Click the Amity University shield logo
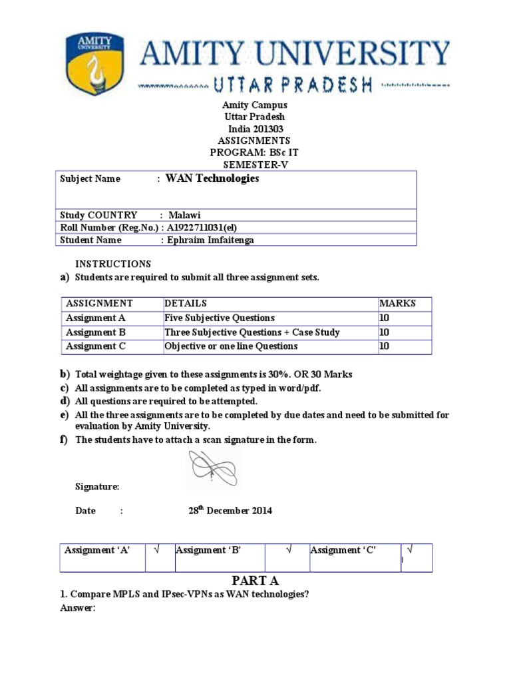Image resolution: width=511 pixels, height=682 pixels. pos(94,64)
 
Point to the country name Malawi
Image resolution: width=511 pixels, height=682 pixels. pos(184,215)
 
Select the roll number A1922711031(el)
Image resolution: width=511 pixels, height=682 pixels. pos(208,228)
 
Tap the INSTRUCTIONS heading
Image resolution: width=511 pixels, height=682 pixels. pos(112,264)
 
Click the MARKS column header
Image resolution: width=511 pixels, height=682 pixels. pos(397,303)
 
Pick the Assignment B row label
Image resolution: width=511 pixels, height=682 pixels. pos(96,332)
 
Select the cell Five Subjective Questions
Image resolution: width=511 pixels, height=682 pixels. pos(220,318)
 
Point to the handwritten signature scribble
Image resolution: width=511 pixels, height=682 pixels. pos(212,469)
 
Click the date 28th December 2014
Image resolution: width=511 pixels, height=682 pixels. pos(230,511)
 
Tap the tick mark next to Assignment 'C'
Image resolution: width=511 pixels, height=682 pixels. pos(409,550)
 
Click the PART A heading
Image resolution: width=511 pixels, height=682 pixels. pos(255,581)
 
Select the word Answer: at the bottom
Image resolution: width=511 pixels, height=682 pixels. pos(78,608)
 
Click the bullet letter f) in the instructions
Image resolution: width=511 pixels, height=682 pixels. pos(65,440)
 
